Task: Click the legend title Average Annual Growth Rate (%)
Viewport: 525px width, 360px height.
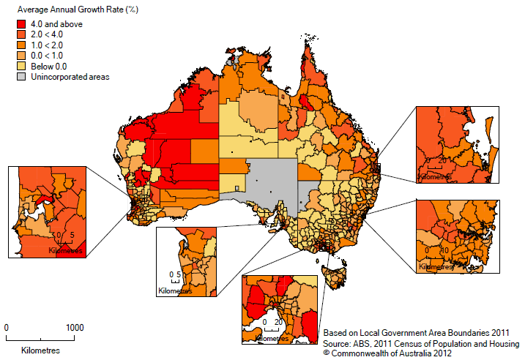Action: [64, 10]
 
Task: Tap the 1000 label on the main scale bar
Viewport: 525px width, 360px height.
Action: [73, 327]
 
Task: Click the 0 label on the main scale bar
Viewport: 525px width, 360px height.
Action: [7, 327]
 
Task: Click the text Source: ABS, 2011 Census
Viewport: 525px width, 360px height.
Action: [421, 342]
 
